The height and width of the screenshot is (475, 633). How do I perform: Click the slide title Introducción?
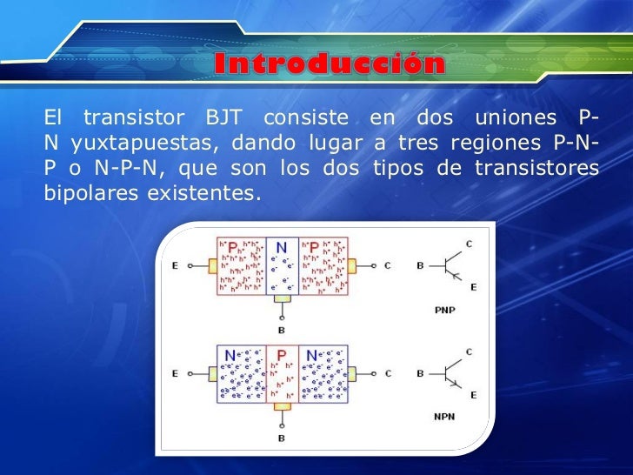click(x=329, y=64)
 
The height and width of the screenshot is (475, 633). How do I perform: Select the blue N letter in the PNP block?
click(x=282, y=247)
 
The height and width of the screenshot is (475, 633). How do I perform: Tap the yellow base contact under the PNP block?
click(x=281, y=298)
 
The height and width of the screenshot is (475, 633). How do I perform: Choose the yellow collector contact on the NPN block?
click(x=353, y=373)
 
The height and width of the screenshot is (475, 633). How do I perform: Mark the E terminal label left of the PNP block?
click(x=176, y=265)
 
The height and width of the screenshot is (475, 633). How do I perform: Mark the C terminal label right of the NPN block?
click(x=388, y=373)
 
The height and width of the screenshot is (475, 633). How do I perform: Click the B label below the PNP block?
click(x=281, y=331)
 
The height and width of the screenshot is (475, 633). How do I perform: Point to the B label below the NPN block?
click(x=281, y=438)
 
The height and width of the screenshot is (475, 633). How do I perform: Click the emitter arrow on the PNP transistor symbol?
click(x=455, y=273)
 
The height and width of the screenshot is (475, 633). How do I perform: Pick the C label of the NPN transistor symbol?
click(x=470, y=351)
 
